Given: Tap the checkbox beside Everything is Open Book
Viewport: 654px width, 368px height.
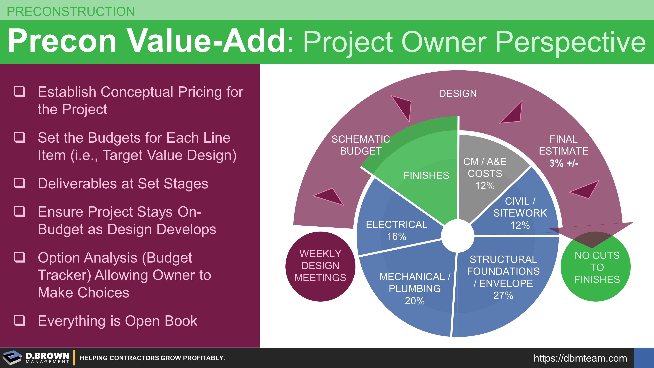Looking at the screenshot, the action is click(x=20, y=320).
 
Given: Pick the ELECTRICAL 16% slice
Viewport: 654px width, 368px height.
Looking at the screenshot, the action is click(x=396, y=224).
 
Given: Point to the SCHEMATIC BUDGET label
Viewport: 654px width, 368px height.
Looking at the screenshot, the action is click(x=361, y=145).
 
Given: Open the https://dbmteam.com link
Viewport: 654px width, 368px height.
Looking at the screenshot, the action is click(x=580, y=358).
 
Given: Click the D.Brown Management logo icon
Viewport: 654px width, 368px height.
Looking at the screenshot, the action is click(x=12, y=358).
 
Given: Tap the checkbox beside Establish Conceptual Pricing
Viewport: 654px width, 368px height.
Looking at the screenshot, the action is click(x=20, y=91).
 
